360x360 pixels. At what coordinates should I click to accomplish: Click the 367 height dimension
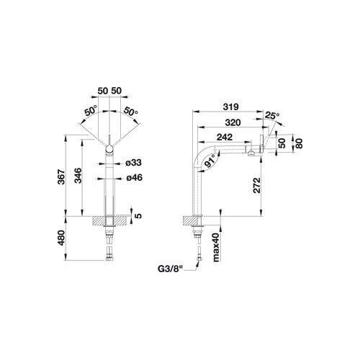click(61, 177)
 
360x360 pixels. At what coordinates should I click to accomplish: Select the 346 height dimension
click(78, 176)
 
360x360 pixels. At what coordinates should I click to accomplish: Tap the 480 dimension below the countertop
click(61, 238)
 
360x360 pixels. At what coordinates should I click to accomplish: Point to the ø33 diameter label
click(134, 163)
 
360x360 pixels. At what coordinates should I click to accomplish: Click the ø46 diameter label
click(134, 178)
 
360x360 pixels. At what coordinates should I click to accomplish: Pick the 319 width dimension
click(230, 107)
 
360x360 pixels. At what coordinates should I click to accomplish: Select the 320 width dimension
click(233, 122)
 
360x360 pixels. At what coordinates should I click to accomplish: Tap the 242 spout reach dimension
click(225, 137)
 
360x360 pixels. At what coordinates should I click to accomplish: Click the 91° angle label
click(210, 161)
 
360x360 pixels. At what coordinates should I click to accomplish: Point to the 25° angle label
click(272, 116)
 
